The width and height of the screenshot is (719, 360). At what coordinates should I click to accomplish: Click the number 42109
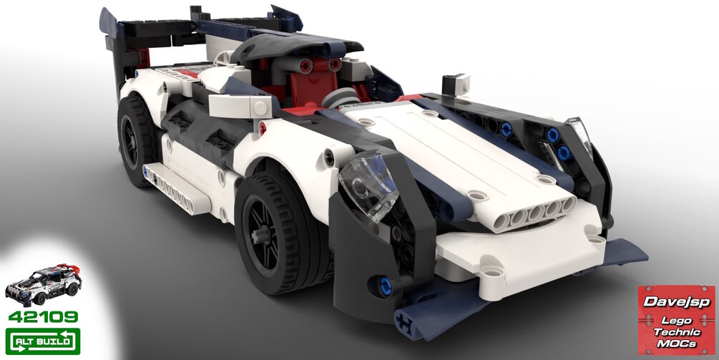tap(43, 317)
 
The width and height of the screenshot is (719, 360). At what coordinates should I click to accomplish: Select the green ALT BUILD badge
tap(43, 341)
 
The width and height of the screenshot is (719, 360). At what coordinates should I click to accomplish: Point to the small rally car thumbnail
tap(43, 285)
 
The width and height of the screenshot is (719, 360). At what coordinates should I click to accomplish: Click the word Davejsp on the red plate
tap(676, 302)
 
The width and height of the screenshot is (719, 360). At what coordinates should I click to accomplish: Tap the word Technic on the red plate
tap(677, 332)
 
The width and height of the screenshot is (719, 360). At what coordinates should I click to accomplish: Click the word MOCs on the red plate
tap(677, 344)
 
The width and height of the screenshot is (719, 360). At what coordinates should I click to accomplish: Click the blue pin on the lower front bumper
tap(385, 286)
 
